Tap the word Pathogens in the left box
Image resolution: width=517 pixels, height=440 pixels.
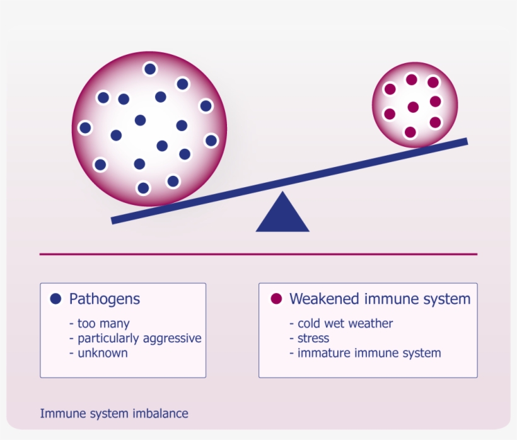click(105, 298)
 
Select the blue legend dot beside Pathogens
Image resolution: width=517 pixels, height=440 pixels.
click(55, 298)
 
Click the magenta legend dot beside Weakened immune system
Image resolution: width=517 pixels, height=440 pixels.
click(276, 298)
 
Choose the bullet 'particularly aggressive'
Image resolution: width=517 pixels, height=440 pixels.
click(139, 338)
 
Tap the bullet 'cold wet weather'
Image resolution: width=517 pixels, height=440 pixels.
click(345, 323)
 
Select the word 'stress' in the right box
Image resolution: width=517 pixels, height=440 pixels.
click(313, 338)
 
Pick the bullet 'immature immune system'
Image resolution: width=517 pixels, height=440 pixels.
click(369, 352)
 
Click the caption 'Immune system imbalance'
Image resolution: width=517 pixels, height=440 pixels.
click(114, 414)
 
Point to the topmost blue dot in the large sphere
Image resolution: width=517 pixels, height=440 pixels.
click(150, 69)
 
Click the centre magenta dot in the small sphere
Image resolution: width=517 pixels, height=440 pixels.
click(413, 107)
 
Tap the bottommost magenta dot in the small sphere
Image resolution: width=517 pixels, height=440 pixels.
click(410, 132)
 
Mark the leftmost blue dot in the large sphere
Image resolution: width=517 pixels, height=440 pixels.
click(85, 128)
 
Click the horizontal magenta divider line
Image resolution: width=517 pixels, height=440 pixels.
click(258, 254)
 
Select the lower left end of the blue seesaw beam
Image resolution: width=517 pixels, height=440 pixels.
click(115, 219)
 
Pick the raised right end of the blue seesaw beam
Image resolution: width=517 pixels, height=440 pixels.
click(464, 142)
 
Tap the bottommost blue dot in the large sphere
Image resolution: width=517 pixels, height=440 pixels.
click(143, 188)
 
